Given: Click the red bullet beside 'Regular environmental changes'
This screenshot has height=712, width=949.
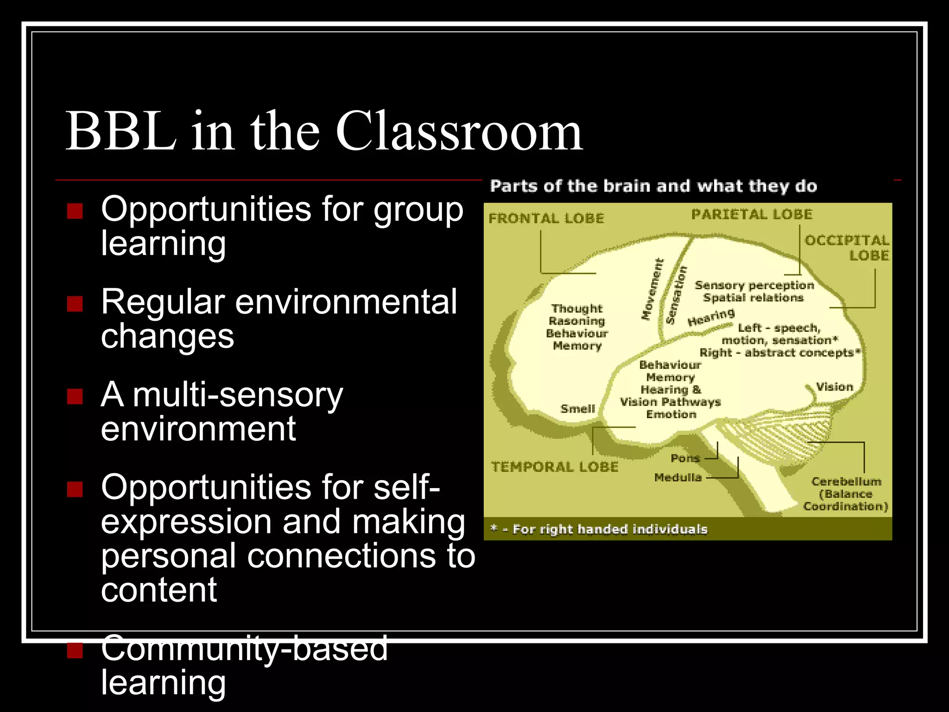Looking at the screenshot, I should (x=75, y=304).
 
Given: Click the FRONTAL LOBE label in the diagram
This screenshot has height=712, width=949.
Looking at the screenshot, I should (x=546, y=218).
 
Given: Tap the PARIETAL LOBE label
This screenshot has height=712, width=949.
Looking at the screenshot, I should (x=752, y=214).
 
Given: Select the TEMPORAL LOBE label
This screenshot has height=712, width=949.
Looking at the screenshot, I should (x=555, y=466).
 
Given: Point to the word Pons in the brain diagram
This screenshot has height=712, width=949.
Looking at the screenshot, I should (x=685, y=458).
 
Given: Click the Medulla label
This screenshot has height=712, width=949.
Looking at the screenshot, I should (x=678, y=477).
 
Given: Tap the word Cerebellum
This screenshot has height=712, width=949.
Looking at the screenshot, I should (x=846, y=482).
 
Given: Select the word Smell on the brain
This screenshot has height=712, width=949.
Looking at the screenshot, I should (x=577, y=408).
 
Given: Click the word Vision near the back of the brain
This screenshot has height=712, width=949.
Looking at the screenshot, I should (x=834, y=387).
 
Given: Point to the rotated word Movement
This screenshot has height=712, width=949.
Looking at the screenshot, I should (x=652, y=289).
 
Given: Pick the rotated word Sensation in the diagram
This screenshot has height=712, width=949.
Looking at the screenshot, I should (x=676, y=295).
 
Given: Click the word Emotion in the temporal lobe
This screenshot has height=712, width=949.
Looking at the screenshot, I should (x=671, y=414).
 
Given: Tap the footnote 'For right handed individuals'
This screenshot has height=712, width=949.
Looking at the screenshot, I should (x=610, y=529).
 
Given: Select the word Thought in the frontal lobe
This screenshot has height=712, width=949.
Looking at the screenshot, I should (x=577, y=308).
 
